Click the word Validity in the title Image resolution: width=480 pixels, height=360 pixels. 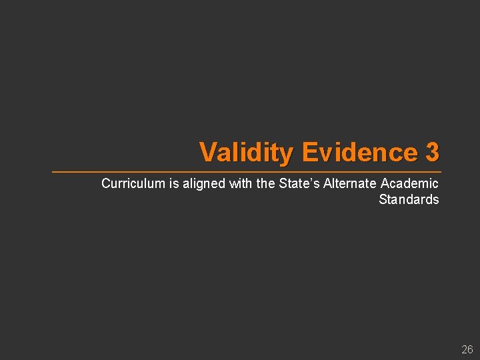(246, 153)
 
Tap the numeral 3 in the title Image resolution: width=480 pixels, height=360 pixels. (432, 153)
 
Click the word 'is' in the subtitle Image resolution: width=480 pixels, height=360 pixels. (173, 183)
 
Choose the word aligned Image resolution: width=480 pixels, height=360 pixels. (204, 183)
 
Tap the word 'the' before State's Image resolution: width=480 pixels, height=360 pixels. (265, 183)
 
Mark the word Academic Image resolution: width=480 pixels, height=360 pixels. (409, 183)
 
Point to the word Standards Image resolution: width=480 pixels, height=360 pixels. (409, 199)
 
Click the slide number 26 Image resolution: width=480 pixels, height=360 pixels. (467, 349)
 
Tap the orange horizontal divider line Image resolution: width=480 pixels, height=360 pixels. (247, 172)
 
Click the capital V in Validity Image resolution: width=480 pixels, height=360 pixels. (208, 153)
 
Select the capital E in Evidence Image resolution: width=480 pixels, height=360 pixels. (309, 153)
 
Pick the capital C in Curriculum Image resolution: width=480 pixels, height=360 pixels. (105, 183)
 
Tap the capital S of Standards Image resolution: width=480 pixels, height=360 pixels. (383, 199)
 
